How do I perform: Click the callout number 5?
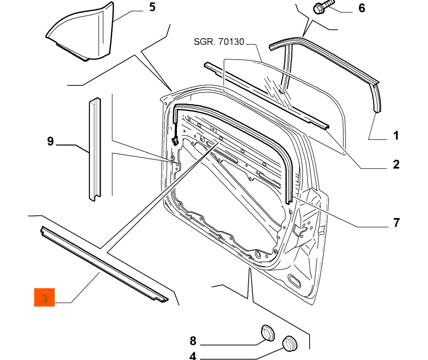(152, 8)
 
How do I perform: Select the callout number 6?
(361, 8)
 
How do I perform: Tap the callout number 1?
(395, 136)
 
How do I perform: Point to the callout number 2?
(395, 164)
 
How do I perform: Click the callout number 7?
(395, 223)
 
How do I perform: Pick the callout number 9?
(50, 141)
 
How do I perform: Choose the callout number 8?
(193, 341)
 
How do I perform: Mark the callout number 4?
(193, 356)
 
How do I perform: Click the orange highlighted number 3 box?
(45, 297)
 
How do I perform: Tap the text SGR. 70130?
(219, 42)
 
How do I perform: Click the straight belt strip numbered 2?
(266, 94)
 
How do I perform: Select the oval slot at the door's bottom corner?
(295, 281)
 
